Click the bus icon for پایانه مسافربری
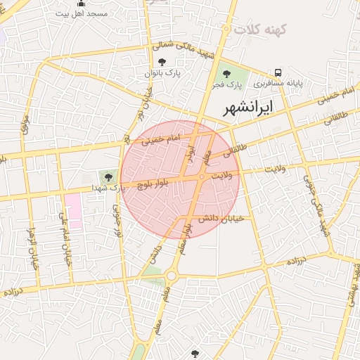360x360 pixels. tap(279, 72)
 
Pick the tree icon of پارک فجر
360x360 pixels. tap(226, 74)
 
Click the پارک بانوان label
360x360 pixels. tap(163, 73)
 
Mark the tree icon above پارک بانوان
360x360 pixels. tap(162, 63)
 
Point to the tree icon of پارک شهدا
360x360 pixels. tap(108, 176)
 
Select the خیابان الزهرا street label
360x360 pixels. tap(30, 250)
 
